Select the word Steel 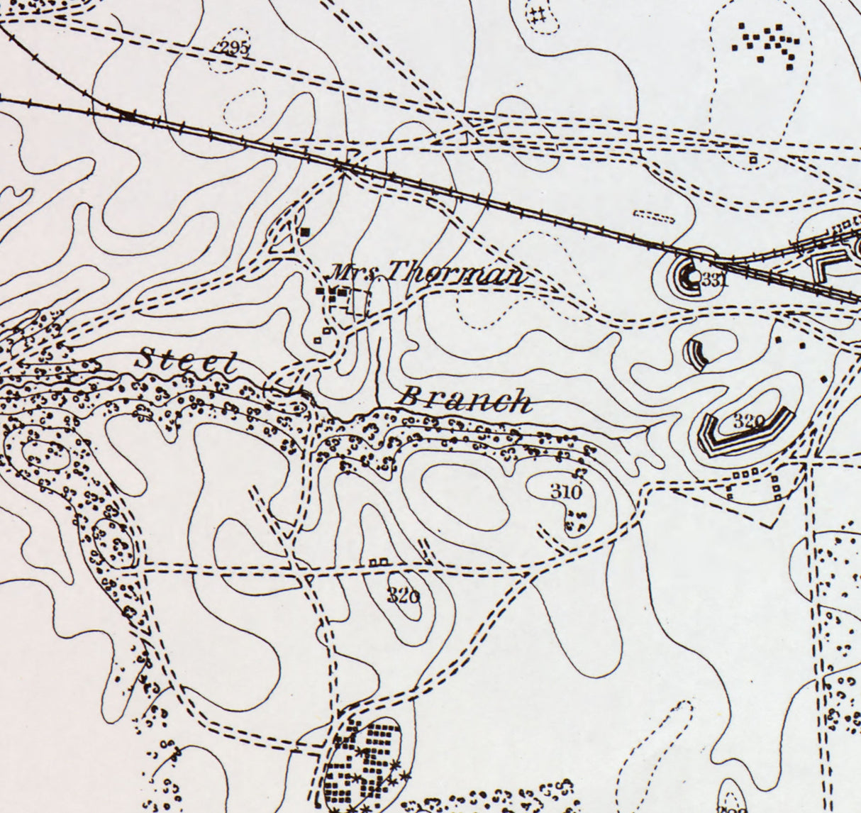(x=186, y=360)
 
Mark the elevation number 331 (x=715, y=280)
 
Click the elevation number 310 (x=565, y=491)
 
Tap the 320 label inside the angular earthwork (x=748, y=421)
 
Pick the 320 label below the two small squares (x=403, y=596)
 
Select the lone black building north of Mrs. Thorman (x=306, y=231)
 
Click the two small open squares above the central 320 (x=379, y=562)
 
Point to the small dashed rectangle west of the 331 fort (x=652, y=216)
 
